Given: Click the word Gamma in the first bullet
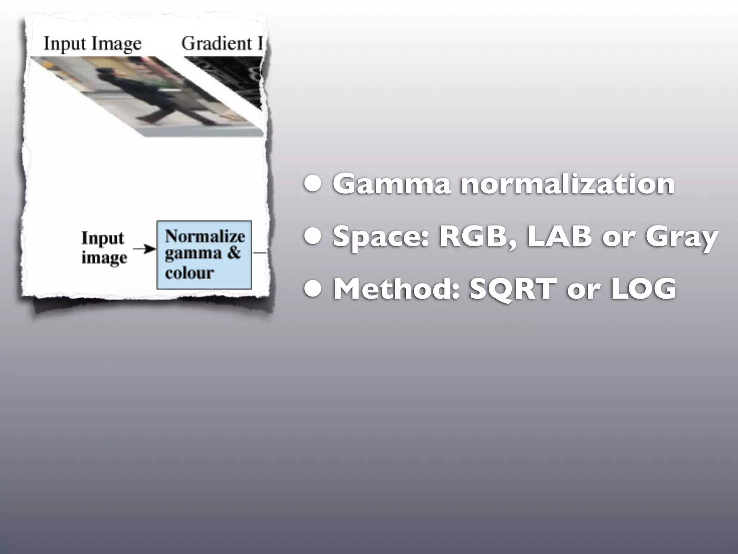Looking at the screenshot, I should (x=391, y=184).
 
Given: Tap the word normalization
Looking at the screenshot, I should (x=568, y=184).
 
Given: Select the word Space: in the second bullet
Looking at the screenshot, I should (x=381, y=237).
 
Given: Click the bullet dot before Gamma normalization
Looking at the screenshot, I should (x=312, y=185).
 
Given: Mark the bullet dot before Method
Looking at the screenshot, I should (x=312, y=290).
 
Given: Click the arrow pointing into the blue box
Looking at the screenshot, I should (x=144, y=249).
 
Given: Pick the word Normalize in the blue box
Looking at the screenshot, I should (x=205, y=237).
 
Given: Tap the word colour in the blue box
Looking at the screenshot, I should (x=190, y=273).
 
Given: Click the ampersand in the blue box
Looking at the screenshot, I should (x=234, y=253).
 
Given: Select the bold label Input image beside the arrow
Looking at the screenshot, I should (x=104, y=248).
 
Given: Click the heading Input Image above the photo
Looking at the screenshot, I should (x=93, y=44).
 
